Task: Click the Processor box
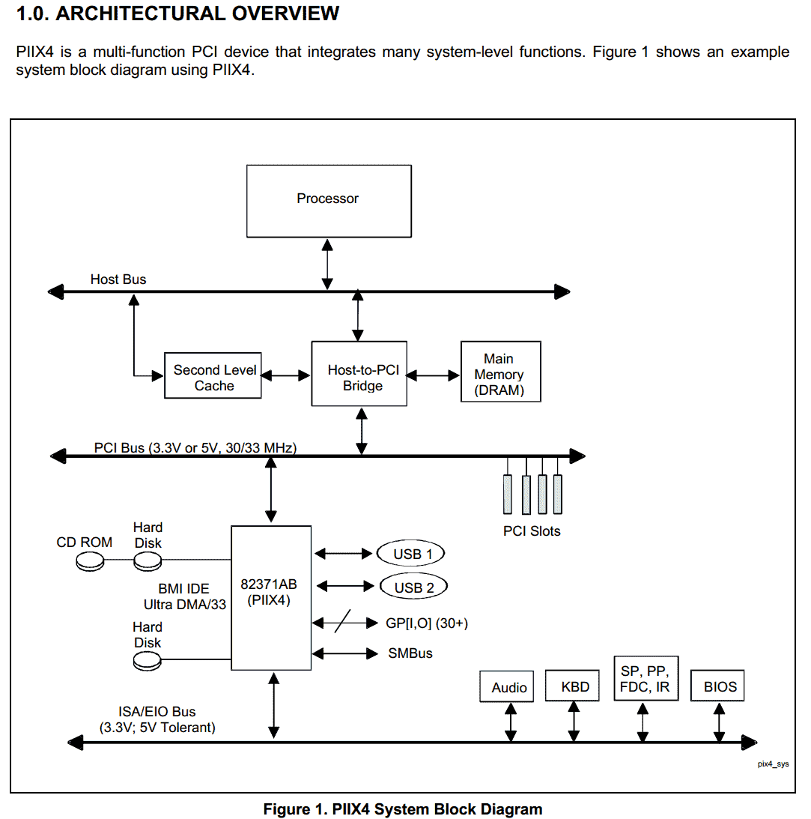coord(329,201)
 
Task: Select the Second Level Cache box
coord(213,375)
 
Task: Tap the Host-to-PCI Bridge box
coord(359,373)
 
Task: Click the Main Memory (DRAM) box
coord(500,372)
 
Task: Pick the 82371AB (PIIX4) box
coord(271,597)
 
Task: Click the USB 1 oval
coord(410,553)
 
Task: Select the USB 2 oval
coord(413,587)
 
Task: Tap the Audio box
coord(507,686)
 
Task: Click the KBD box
coord(573,686)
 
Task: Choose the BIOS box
coord(717,686)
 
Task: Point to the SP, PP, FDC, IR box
coord(646,678)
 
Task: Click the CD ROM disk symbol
coord(90,562)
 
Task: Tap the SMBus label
coord(410,653)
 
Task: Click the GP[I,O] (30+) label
coord(427,623)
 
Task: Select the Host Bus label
coord(118,279)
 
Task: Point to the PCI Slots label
coord(532,531)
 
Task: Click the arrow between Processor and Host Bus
coord(327,265)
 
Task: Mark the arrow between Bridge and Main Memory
coord(433,375)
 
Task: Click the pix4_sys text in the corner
coord(774,764)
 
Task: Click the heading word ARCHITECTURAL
coord(140,13)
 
